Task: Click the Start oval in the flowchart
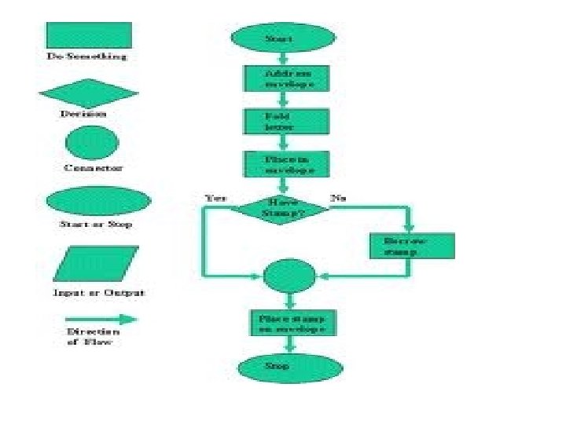tap(281, 38)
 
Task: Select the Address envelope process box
tap(285, 79)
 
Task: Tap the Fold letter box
tap(285, 122)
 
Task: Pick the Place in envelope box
tap(285, 163)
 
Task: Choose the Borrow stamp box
tap(411, 246)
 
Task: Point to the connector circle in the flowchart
tap(289, 276)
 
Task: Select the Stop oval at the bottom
tap(290, 367)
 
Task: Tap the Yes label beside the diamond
tap(215, 199)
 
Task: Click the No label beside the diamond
tap(338, 199)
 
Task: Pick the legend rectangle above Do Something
tap(89, 35)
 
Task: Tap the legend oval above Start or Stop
tap(94, 201)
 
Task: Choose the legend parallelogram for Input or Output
tap(96, 264)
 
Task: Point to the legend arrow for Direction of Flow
tap(101, 319)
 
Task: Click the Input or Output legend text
tap(98, 293)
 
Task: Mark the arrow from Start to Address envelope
tap(284, 58)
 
